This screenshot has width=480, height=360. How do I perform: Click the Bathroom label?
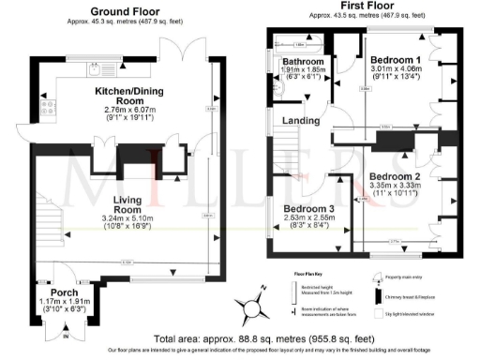[297, 63]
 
